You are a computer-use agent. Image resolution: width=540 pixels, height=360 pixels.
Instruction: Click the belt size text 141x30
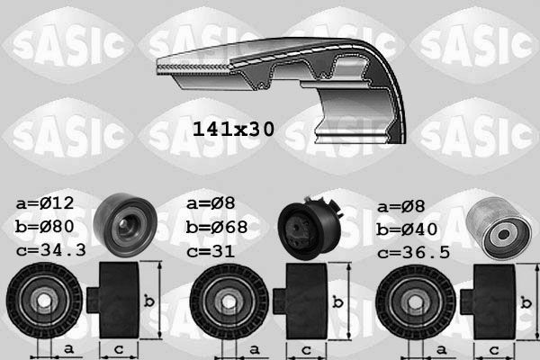click(232, 129)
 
